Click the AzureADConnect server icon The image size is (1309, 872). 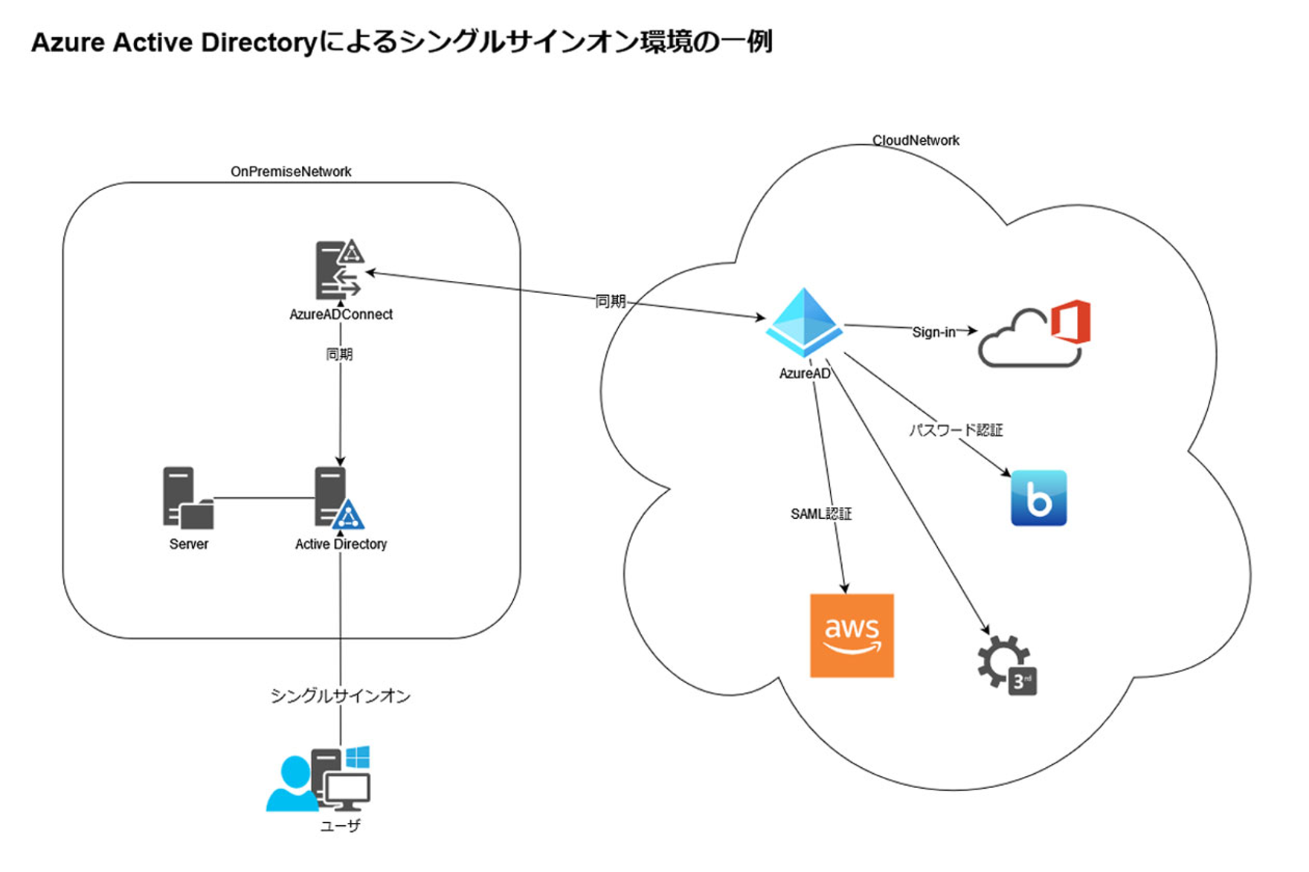click(x=339, y=269)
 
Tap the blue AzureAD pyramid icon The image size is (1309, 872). click(x=804, y=322)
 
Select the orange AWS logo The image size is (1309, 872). click(x=852, y=636)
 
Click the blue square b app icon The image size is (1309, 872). click(x=1038, y=498)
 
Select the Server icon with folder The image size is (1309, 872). click(x=187, y=497)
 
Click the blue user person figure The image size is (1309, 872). click(x=292, y=784)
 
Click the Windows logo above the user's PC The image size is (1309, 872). click(x=358, y=757)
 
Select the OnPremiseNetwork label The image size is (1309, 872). click(x=291, y=172)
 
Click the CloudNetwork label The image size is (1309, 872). click(x=916, y=141)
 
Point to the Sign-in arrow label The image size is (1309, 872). click(x=933, y=332)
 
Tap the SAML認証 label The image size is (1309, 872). click(x=821, y=514)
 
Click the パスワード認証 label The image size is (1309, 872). click(x=956, y=430)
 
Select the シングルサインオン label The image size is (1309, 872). click(x=340, y=696)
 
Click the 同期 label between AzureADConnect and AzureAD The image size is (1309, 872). click(x=610, y=301)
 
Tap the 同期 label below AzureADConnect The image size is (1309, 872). click(x=340, y=355)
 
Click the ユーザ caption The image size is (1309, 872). click(x=340, y=826)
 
